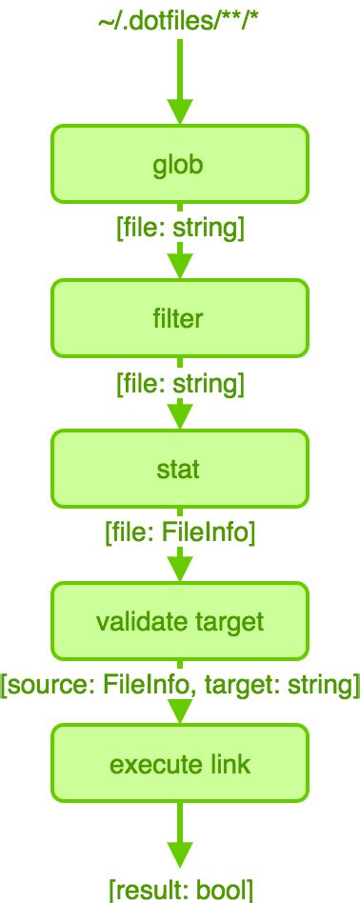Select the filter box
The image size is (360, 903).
point(180,317)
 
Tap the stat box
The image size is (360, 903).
point(180,469)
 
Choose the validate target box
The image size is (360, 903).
point(180,622)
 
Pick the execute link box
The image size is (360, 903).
point(180,764)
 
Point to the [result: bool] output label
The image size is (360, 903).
point(181,890)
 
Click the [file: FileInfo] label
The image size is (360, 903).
point(180,532)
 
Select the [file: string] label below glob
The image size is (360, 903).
point(180,229)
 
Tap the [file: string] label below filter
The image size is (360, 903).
point(180,383)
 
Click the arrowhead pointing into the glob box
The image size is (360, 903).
point(180,113)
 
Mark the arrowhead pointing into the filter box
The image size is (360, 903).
point(180,267)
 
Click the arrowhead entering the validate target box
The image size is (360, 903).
point(180,571)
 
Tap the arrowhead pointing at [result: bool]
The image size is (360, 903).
point(180,853)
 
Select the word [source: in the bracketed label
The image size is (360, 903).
point(40,684)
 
